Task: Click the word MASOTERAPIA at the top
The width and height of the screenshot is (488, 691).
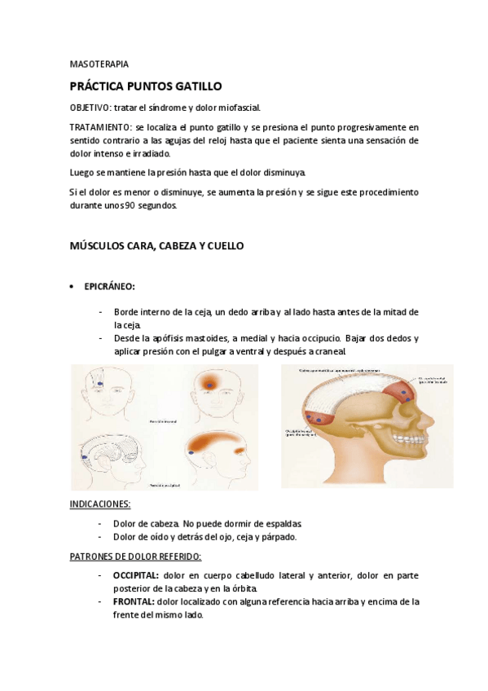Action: click(94, 64)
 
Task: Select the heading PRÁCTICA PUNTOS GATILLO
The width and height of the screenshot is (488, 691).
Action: click(145, 86)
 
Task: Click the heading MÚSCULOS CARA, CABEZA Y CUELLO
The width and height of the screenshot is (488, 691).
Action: click(156, 244)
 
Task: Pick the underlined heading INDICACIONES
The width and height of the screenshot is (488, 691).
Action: click(100, 504)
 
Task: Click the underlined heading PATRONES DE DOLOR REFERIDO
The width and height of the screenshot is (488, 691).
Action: click(135, 557)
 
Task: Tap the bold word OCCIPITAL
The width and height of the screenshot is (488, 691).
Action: click(136, 575)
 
